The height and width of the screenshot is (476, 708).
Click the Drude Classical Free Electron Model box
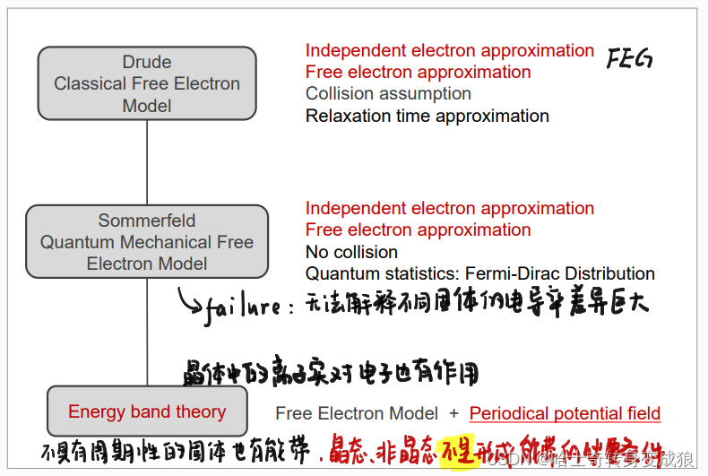(x=147, y=84)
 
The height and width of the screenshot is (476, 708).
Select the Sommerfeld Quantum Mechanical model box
(x=147, y=242)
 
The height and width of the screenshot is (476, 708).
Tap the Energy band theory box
(x=147, y=412)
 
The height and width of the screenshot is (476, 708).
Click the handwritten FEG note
(x=628, y=60)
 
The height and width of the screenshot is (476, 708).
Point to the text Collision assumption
(x=388, y=94)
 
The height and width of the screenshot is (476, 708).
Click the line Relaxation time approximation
(x=427, y=116)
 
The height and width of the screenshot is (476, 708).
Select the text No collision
(x=351, y=252)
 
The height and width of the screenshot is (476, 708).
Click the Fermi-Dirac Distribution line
(x=479, y=273)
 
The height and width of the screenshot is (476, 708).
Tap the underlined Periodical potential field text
(x=565, y=413)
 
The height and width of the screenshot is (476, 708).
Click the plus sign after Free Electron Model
(x=453, y=413)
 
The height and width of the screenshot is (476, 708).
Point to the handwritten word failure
(x=242, y=307)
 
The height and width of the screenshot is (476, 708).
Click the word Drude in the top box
(x=147, y=63)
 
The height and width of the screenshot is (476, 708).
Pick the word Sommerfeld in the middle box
(x=147, y=221)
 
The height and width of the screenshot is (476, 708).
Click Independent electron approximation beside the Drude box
(x=449, y=51)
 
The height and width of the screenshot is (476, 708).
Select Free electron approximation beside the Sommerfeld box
(x=418, y=230)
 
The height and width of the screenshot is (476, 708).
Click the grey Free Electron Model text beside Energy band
(x=357, y=413)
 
